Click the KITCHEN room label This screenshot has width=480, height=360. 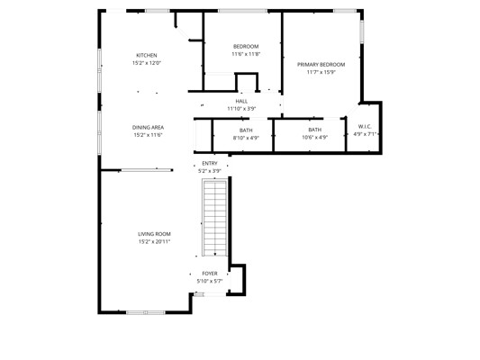coord(146,56)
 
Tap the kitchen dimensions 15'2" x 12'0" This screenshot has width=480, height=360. coord(146,63)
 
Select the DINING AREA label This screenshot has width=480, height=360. coord(148,127)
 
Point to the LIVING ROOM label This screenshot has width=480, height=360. coord(154,234)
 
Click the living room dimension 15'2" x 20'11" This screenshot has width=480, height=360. coord(154,241)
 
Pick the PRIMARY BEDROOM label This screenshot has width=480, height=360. coord(321,65)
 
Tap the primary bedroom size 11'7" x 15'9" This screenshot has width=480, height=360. coord(321,72)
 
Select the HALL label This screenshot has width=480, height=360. coord(241,101)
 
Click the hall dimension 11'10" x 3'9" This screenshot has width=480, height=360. coord(241,109)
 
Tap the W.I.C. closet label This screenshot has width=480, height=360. coord(365,126)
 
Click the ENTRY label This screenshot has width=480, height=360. coord(210,163)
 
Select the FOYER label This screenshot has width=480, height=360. coord(210,274)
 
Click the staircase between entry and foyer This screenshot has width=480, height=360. coord(215,218)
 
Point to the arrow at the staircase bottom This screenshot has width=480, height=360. coord(215,253)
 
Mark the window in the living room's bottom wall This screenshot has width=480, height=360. coord(146,312)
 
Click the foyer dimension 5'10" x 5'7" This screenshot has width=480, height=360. coord(210,281)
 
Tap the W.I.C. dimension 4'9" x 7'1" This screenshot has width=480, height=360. coord(365,134)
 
